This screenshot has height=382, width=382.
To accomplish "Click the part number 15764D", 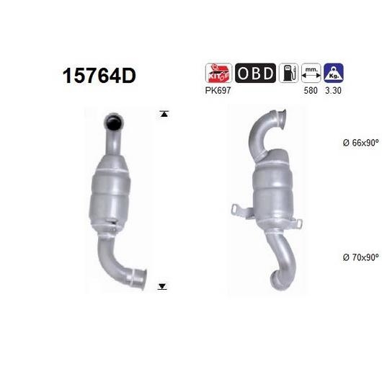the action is pyautogui.click(x=99, y=76).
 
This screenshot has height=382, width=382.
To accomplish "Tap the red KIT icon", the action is pyautogui.click(x=218, y=73).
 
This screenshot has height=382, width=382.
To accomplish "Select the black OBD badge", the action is pyautogui.click(x=255, y=73).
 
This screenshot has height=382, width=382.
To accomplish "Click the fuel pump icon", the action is pyautogui.click(x=288, y=73).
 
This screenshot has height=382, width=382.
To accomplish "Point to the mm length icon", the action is pyautogui.click(x=311, y=73).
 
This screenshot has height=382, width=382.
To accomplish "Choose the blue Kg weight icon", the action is pyautogui.click(x=334, y=73).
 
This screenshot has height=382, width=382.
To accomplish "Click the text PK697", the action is pyautogui.click(x=218, y=91).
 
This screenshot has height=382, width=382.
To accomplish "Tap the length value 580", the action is pyautogui.click(x=311, y=91).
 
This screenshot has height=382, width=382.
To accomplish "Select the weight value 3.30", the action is pyautogui.click(x=333, y=91).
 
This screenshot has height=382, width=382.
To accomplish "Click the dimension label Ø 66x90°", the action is pyautogui.click(x=361, y=143).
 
